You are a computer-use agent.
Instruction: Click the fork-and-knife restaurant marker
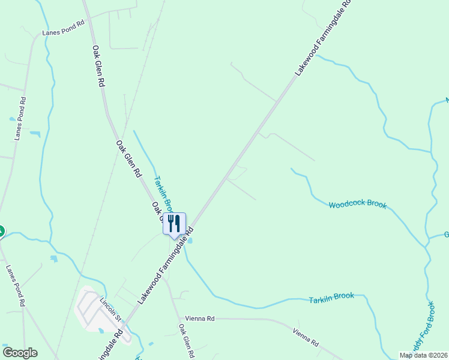(174, 224)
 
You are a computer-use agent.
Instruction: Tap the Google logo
(20, 353)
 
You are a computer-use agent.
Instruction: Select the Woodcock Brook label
(358, 205)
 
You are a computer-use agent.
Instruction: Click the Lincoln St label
(111, 309)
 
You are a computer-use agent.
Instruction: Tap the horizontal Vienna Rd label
(200, 319)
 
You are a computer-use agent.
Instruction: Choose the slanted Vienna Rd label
(306, 337)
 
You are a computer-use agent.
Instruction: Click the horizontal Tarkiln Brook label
(331, 298)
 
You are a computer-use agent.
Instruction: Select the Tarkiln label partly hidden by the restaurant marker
(162, 191)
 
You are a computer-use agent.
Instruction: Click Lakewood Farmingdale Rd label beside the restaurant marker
(164, 265)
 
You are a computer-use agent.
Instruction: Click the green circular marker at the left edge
(1, 230)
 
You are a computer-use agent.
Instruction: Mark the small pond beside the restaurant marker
(190, 241)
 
